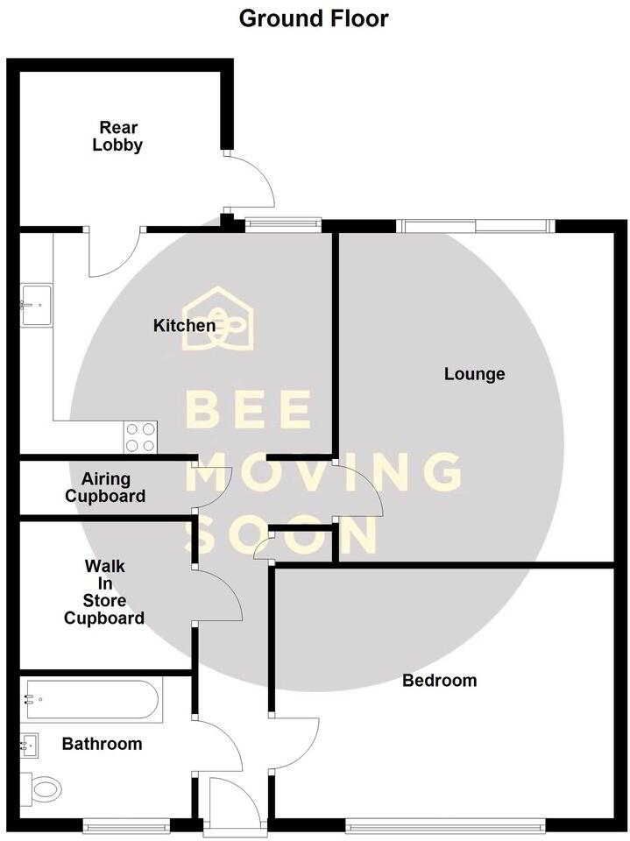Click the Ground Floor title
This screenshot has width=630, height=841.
(314, 18)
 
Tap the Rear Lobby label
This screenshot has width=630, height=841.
(117, 138)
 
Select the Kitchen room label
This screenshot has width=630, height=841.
(184, 326)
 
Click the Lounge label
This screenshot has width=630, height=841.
(474, 374)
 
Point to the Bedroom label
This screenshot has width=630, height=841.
(439, 680)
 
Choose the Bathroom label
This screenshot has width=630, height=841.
(102, 744)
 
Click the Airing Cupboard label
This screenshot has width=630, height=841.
(113, 488)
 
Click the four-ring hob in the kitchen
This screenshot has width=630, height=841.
(141, 436)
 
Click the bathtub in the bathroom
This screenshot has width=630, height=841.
(92, 701)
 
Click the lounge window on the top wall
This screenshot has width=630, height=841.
(476, 226)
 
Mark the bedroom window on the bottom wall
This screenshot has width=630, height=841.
(445, 824)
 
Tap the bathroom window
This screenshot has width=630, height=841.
(125, 824)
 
